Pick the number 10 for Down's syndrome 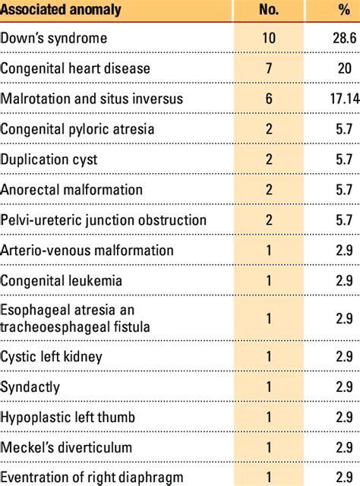click(x=269, y=38)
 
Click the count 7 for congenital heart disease click(x=269, y=68)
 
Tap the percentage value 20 click(x=334, y=68)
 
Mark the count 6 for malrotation click(x=269, y=99)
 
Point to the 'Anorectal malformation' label click(x=71, y=190)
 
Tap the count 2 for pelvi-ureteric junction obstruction click(x=269, y=220)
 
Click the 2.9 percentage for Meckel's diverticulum click(x=334, y=448)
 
